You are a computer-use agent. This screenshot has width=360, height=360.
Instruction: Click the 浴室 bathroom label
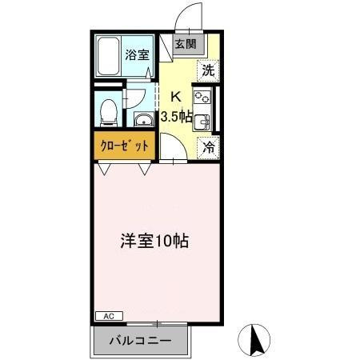coord(137,55)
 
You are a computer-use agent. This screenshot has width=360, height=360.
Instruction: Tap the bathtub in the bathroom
coord(107,56)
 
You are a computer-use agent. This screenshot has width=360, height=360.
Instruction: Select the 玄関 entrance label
coord(185,44)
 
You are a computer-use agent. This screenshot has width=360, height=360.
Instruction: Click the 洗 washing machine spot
coord(208,70)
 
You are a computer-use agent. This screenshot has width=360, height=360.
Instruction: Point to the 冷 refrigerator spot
coord(208,146)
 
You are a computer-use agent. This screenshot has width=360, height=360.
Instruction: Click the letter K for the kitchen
coord(178,97)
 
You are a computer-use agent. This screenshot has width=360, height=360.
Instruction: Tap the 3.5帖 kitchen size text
coord(177,116)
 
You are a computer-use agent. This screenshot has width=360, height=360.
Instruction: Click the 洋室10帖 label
coord(155,240)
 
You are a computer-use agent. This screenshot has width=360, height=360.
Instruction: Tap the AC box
coord(109,316)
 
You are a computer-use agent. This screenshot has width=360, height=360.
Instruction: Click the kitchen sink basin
coord(203,122)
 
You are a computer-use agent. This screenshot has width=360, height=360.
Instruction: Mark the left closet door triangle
coord(106,169)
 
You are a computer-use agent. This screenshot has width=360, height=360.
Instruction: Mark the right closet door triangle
coord(145,169)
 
